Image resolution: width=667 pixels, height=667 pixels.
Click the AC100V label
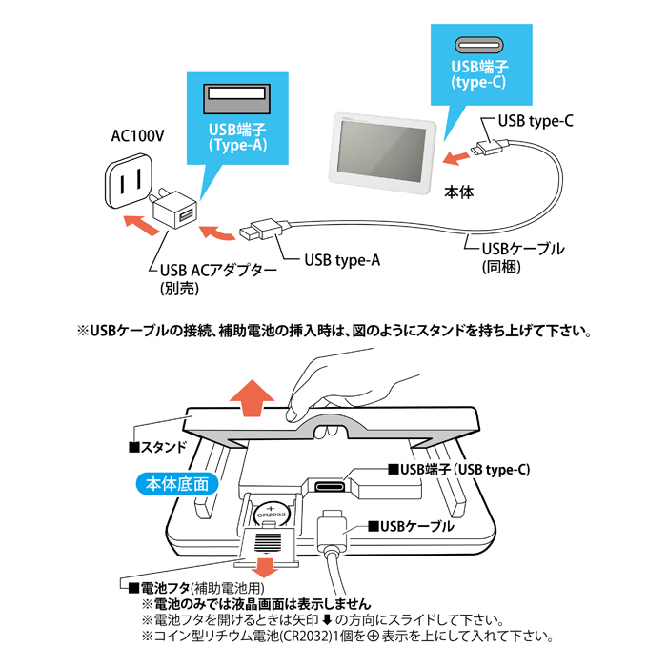click(x=137, y=136)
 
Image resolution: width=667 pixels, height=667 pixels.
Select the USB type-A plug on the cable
click(x=258, y=230)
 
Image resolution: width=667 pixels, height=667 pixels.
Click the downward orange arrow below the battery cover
click(x=270, y=565)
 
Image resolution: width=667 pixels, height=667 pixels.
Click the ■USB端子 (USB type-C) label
click(x=457, y=470)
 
